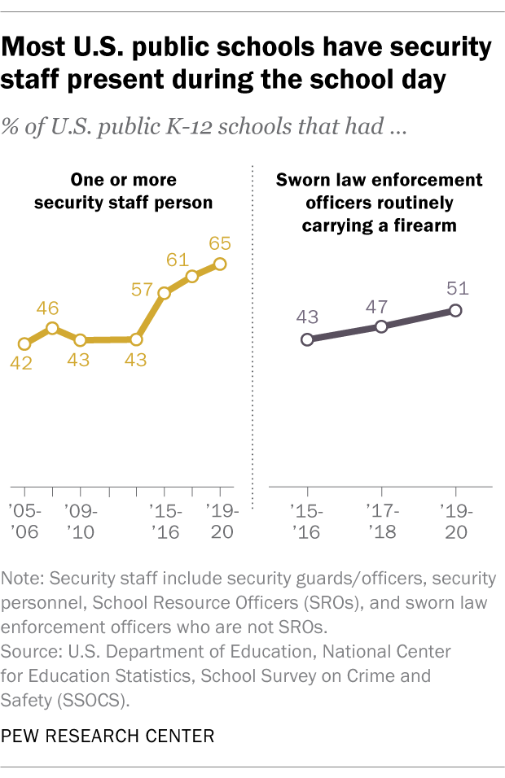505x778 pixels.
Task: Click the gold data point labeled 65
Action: pos(219,263)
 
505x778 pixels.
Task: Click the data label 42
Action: pos(21,363)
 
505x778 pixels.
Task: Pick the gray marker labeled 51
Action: pos(455,310)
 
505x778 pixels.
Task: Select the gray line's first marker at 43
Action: pos(307,339)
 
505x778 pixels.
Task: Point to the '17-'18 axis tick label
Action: pos(381,522)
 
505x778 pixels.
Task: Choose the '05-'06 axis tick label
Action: pos(24,522)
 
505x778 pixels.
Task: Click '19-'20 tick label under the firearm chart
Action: pos(455,522)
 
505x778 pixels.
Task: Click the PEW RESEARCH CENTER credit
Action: pos(108,736)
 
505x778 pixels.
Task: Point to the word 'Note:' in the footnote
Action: pos(25,579)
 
